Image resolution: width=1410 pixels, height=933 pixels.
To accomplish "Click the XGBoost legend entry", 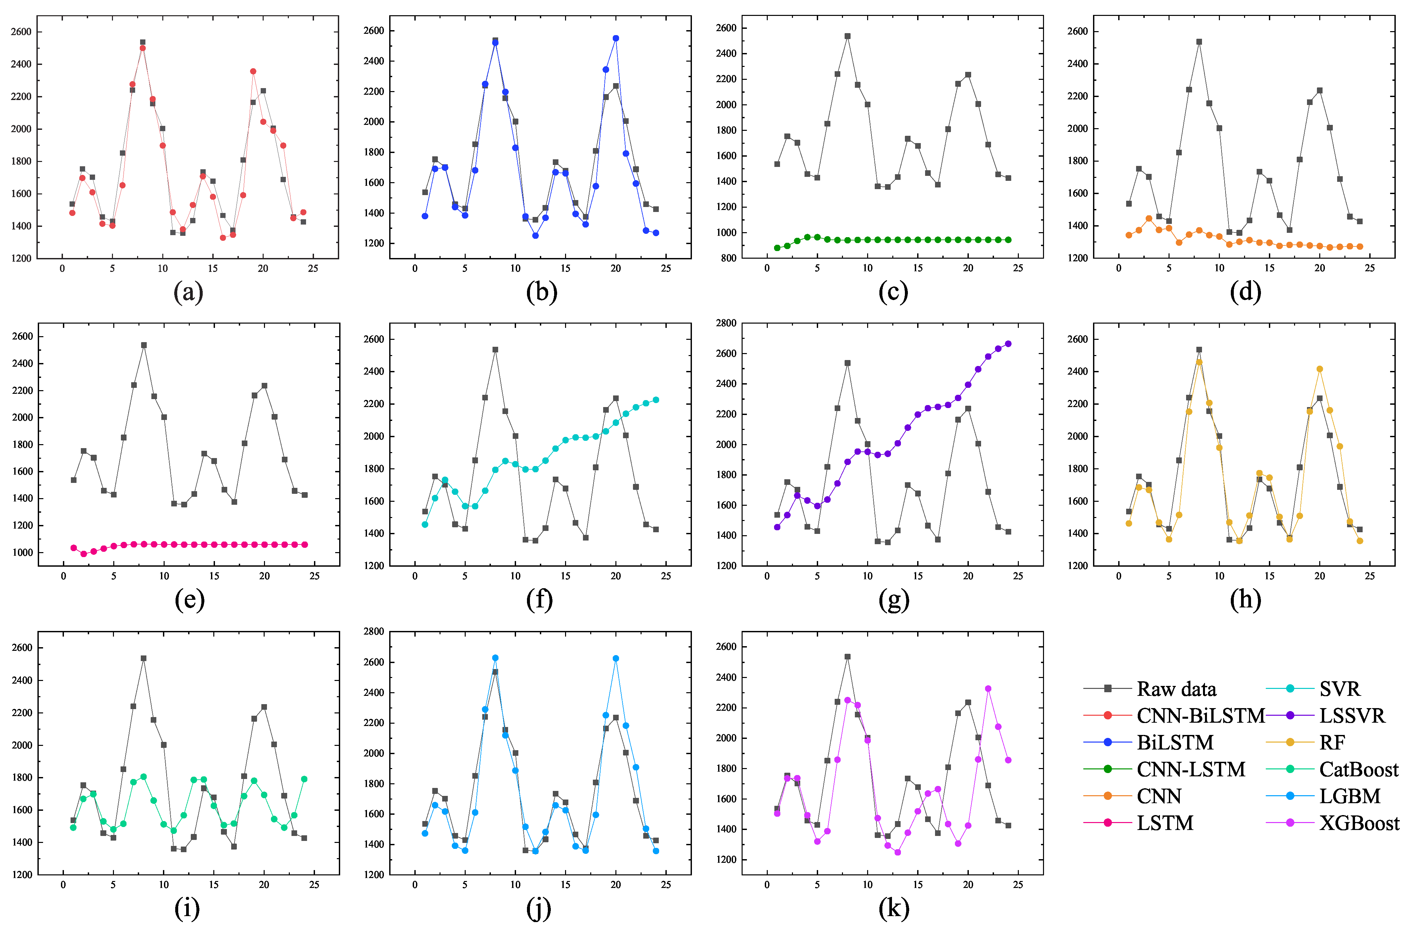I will pyautogui.click(x=1359, y=823).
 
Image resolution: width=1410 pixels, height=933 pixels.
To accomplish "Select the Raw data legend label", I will pyautogui.click(x=1176, y=689).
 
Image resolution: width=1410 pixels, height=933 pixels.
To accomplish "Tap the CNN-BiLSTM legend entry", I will pyautogui.click(x=1200, y=716).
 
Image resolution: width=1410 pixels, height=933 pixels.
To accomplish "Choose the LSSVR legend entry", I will pyautogui.click(x=1352, y=716).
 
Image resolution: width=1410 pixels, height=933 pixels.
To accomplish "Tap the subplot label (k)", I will pyautogui.click(x=894, y=908).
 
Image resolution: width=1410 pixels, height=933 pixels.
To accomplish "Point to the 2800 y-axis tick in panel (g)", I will pyautogui.click(x=726, y=323).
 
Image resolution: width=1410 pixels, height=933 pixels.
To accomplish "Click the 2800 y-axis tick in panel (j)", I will pyautogui.click(x=374, y=631).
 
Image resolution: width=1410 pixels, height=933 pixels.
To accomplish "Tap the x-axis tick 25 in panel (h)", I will pyautogui.click(x=1370, y=576).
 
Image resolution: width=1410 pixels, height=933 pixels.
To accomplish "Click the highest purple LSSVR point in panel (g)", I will pyautogui.click(x=1008, y=344).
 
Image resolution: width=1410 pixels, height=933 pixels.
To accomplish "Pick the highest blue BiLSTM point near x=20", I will pyautogui.click(x=616, y=38).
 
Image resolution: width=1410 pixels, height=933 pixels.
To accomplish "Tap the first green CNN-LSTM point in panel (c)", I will pyautogui.click(x=777, y=247).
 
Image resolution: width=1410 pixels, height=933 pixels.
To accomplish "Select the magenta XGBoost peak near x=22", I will pyautogui.click(x=988, y=689).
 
